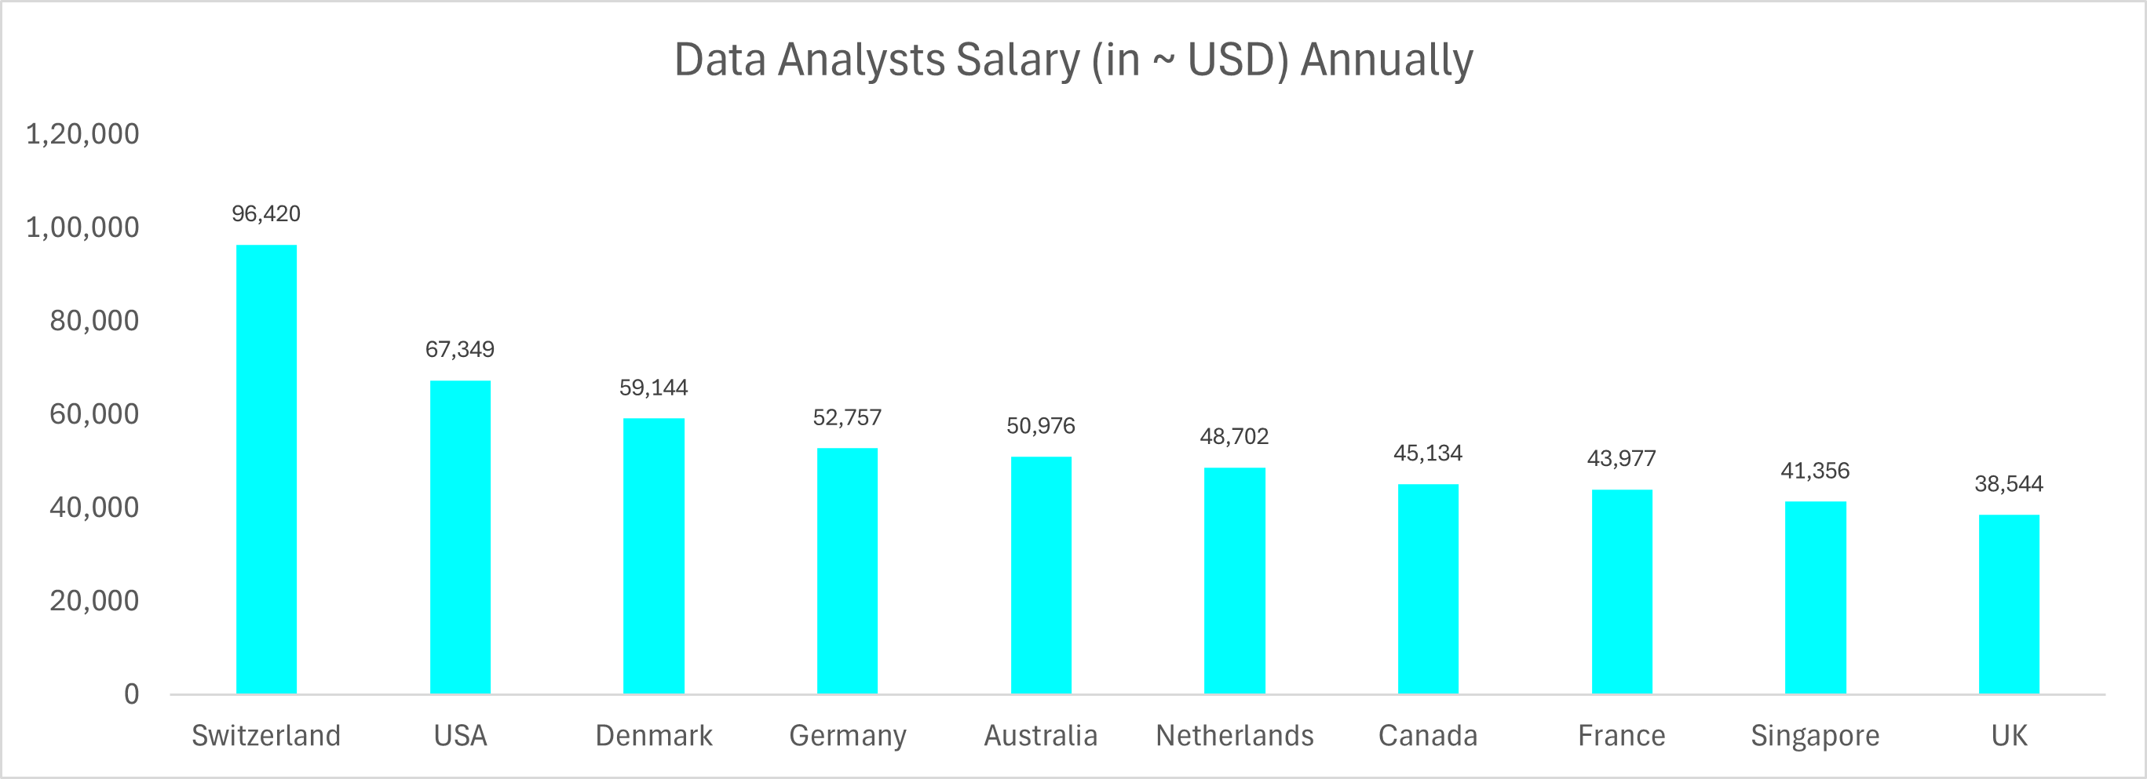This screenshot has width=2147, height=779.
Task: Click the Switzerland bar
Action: click(266, 469)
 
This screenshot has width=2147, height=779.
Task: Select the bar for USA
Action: click(460, 537)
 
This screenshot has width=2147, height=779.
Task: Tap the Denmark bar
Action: click(653, 555)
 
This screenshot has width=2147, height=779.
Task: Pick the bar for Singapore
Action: click(1815, 597)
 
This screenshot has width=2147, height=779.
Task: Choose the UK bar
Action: click(2009, 604)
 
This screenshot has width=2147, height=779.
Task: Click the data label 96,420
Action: click(266, 214)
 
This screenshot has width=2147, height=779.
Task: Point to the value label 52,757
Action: click(847, 417)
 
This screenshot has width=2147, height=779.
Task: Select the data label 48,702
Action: click(1233, 437)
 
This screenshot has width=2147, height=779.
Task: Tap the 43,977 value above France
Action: click(1621, 458)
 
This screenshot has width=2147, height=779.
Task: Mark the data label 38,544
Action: click(2009, 484)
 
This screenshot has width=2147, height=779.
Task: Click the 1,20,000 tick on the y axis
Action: click(82, 134)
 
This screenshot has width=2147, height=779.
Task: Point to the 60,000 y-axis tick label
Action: click(94, 414)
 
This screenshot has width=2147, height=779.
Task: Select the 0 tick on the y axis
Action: click(132, 694)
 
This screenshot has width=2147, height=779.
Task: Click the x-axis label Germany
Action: click(847, 736)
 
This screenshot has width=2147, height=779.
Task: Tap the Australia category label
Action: click(1040, 736)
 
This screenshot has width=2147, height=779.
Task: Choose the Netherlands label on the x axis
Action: click(1234, 736)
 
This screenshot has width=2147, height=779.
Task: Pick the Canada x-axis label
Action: click(1428, 736)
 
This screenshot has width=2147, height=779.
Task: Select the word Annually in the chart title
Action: click(1386, 60)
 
